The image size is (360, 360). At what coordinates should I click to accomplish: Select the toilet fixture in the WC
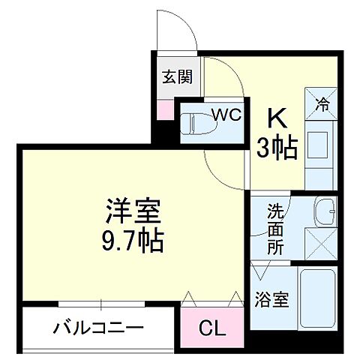[x=196, y=122]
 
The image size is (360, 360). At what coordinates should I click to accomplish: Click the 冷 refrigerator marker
[x=321, y=104]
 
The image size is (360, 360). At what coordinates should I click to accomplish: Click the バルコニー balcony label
[x=98, y=328]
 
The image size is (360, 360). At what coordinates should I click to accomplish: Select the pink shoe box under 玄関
[x=165, y=109]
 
